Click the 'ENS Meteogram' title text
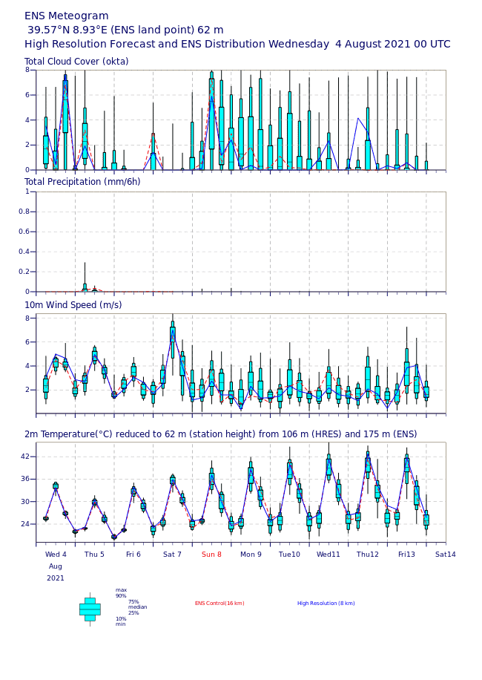pos(67,16)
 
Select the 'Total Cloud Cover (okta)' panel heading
pos(76,62)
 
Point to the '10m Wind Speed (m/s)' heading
pos(73,305)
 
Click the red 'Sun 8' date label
pos(211,554)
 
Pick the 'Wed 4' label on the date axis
pos(56,554)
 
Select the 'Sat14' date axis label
pos(446,554)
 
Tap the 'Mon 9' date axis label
pos(251,554)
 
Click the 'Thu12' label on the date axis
pos(367,554)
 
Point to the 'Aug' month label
pos(56,566)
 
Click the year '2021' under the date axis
pos(56,578)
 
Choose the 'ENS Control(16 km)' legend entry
pos(219,604)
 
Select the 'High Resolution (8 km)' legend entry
pos(326,604)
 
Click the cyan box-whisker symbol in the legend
pos(90,609)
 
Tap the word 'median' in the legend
pos(138,607)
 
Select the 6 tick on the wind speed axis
pos(29,342)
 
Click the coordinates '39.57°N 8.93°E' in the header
pos(79,30)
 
